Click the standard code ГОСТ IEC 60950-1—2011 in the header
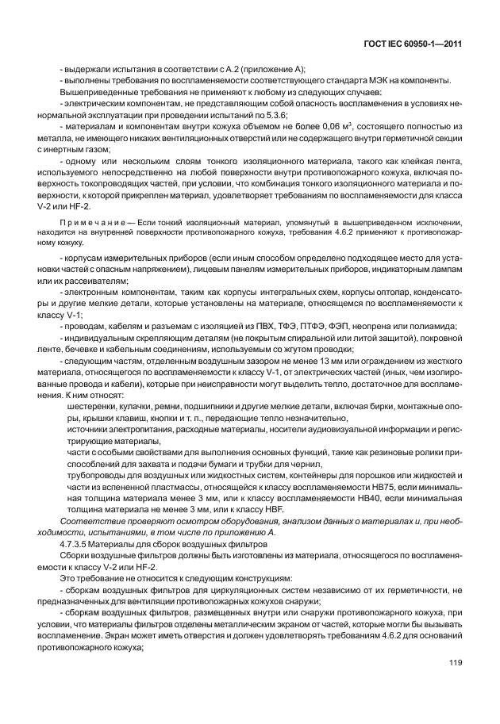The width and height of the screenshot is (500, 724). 410,43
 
